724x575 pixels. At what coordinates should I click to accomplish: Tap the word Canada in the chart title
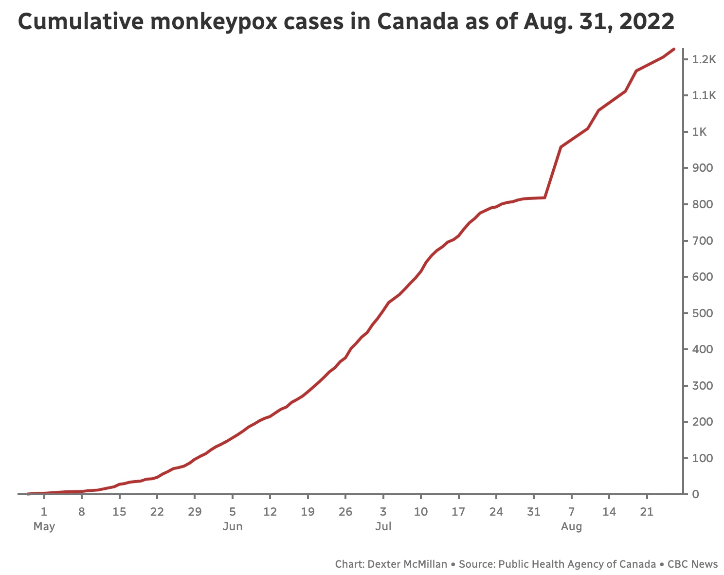click(x=417, y=21)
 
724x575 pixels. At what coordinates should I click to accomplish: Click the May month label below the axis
click(x=44, y=526)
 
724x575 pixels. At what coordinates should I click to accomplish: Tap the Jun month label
click(x=233, y=526)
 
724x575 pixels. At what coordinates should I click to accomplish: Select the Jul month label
click(x=383, y=526)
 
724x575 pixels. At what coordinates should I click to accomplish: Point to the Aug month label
click(x=572, y=526)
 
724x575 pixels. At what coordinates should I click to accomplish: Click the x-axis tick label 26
click(x=345, y=512)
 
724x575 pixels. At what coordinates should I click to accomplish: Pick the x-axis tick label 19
click(x=308, y=512)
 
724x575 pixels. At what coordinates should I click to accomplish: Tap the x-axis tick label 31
click(x=534, y=512)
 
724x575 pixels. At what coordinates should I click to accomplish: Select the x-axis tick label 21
click(x=647, y=512)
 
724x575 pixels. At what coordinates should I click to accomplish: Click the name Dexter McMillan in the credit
click(x=407, y=564)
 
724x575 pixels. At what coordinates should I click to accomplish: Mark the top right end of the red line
click(x=674, y=49)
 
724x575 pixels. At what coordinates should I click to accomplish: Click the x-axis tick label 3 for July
click(x=383, y=512)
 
